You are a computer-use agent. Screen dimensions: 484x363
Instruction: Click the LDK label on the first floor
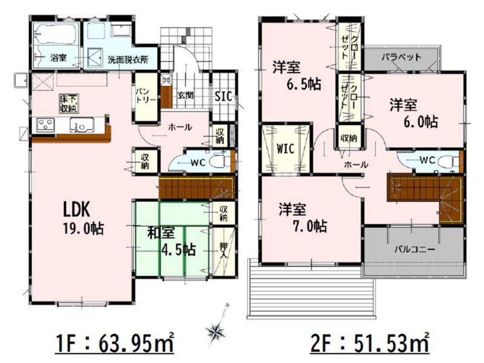click(77, 211)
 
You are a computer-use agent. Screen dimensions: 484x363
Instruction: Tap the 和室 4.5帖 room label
click(171, 241)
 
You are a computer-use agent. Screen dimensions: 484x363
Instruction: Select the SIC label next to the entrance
click(223, 97)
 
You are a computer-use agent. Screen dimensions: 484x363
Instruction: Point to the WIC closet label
click(285, 149)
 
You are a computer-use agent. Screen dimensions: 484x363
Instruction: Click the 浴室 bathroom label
click(59, 57)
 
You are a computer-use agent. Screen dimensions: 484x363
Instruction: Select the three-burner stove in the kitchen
click(45, 125)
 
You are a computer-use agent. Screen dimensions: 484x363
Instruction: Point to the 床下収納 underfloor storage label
click(69, 103)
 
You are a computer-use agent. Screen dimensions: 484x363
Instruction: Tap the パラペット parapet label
click(401, 57)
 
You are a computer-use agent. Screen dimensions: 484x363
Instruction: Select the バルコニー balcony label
click(415, 249)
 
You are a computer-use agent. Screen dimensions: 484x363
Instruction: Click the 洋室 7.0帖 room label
click(302, 218)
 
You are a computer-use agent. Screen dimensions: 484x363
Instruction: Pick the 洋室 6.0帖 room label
click(414, 113)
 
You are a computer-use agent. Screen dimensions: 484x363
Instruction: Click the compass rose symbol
click(216, 332)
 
